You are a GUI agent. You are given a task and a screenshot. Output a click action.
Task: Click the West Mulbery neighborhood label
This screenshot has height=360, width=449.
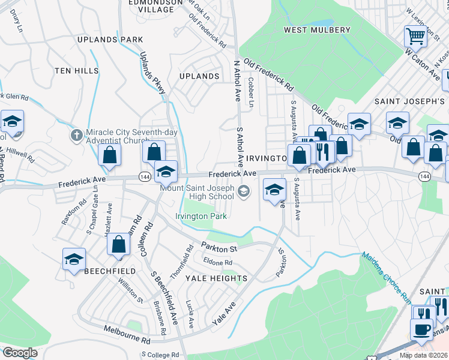pyautogui.click(x=317, y=30)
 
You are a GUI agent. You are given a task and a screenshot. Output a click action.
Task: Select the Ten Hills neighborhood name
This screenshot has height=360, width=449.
pyautogui.click(x=76, y=71)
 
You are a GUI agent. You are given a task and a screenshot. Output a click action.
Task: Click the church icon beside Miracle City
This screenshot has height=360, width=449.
pyautogui.click(x=76, y=134)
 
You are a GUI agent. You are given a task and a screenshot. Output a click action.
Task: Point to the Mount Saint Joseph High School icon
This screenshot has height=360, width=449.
pyautogui.click(x=244, y=191)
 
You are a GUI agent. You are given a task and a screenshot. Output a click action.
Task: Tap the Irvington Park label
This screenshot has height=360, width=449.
pyautogui.click(x=201, y=216)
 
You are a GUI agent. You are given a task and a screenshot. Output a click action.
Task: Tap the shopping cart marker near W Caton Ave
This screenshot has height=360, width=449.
pyautogui.click(x=415, y=37)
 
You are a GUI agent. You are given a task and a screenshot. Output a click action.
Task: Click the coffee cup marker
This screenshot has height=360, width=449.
pyautogui.click(x=421, y=329)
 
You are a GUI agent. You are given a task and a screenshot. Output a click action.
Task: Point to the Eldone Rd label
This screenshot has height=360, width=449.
pyautogui.click(x=218, y=262)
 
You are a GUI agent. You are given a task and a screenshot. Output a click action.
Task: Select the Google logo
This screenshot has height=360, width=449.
pyautogui.click(x=20, y=352)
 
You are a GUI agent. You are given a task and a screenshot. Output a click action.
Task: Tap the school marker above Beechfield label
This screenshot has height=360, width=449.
pyautogui.click(x=74, y=260)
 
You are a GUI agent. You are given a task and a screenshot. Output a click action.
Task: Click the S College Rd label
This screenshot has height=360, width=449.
pyautogui.click(x=161, y=355)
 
